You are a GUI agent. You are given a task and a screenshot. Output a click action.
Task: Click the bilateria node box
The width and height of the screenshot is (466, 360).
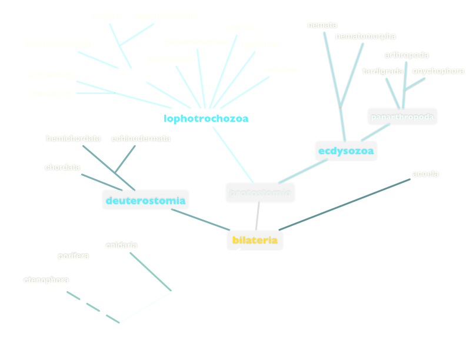(255, 240)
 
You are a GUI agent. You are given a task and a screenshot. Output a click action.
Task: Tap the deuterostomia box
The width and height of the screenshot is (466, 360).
(145, 201)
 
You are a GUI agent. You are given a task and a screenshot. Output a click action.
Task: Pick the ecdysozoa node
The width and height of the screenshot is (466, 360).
(345, 151)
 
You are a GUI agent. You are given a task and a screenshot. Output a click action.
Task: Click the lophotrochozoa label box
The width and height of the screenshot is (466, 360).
(207, 118)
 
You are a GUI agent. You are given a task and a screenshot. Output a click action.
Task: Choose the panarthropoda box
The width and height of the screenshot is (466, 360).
(402, 116)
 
